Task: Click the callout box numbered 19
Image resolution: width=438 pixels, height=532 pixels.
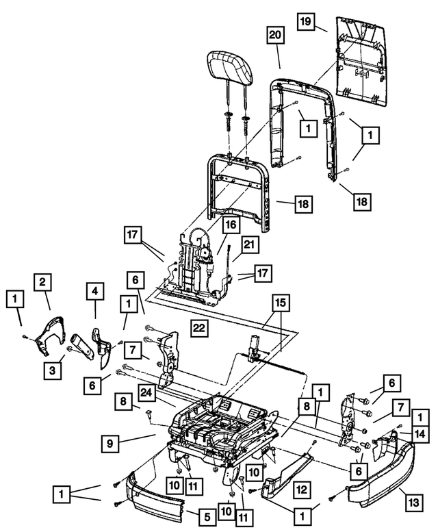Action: click(308, 23)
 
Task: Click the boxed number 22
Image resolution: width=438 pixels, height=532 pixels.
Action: click(198, 329)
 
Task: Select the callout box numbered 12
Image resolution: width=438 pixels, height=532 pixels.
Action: click(301, 489)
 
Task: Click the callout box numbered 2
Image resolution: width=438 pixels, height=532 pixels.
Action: click(42, 281)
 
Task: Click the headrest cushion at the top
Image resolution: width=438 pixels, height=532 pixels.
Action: click(231, 67)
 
